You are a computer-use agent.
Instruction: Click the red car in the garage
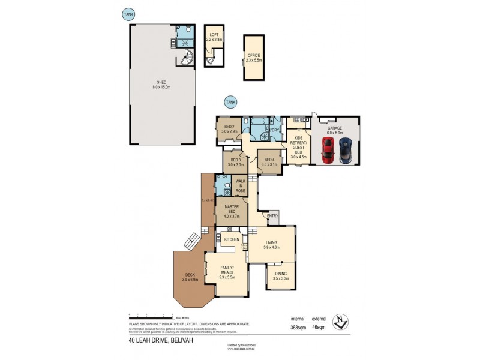click(328, 150)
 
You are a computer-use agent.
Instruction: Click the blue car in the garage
click(346, 151)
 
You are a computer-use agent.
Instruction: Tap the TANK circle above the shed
click(128, 14)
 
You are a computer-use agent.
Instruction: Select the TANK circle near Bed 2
click(230, 103)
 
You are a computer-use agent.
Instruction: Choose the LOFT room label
click(214, 37)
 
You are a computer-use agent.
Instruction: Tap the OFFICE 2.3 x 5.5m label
click(254, 58)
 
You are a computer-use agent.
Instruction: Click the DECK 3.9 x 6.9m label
click(190, 277)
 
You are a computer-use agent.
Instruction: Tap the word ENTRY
click(273, 216)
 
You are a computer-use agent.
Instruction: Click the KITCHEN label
click(232, 240)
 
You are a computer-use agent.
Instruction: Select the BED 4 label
click(269, 161)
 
